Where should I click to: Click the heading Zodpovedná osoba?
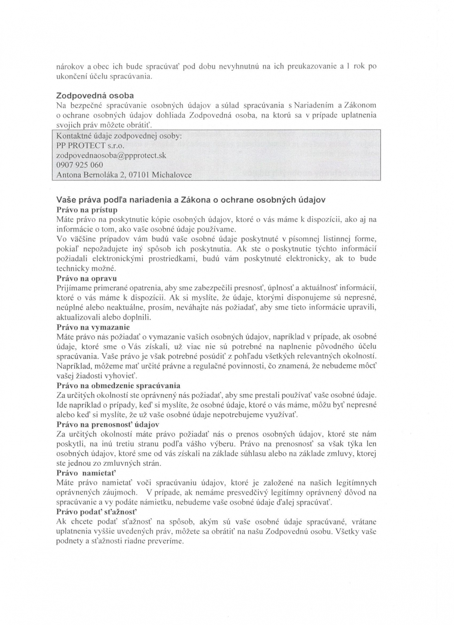click(x=95, y=95)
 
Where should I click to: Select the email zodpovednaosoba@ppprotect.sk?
click(x=111, y=155)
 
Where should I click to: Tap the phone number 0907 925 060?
click(x=80, y=165)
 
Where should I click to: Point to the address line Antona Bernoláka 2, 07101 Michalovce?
click(x=124, y=175)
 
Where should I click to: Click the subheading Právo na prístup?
click(x=87, y=210)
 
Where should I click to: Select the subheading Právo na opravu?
click(x=87, y=278)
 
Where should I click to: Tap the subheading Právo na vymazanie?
click(x=93, y=327)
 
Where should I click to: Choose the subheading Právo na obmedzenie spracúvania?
click(x=118, y=385)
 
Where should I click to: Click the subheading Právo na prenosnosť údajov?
click(x=108, y=424)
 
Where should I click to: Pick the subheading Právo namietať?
click(x=86, y=473)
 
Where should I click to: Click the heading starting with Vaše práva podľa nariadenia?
click(x=191, y=200)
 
